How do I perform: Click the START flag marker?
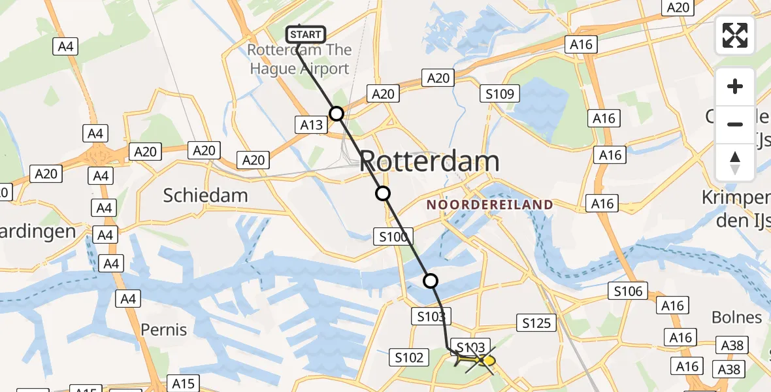[305, 35]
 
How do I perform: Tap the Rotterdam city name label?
[429, 161]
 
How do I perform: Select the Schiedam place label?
[206, 195]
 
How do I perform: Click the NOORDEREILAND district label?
[489, 204]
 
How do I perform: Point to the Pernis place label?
[163, 329]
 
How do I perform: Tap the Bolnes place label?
[736, 318]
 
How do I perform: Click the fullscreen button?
[735, 35]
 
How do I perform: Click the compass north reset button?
[735, 163]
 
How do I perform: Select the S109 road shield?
[499, 94]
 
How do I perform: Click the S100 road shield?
[393, 237]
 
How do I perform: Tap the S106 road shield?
[628, 291]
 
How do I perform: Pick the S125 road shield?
[536, 322]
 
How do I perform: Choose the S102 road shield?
[409, 357]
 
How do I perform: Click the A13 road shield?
[311, 124]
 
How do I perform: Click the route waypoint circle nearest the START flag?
[336, 114]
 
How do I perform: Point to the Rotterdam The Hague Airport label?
[299, 59]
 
